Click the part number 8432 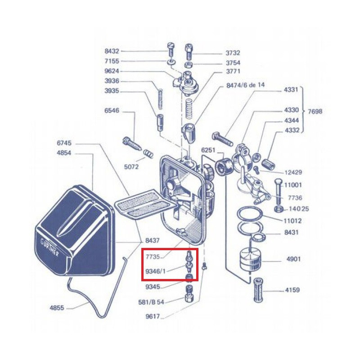tap(112, 51)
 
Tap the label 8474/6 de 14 tap(245, 85)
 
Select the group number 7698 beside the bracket tap(315, 112)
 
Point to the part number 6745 tap(64, 143)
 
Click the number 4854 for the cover tap(64, 153)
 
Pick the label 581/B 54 tap(151, 302)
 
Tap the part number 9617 tap(153, 316)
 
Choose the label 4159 tap(292, 290)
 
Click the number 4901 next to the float tap(294, 259)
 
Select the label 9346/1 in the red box tap(155, 271)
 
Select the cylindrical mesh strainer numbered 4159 tap(258, 290)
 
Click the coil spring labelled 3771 tap(189, 108)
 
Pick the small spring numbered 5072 tap(148, 153)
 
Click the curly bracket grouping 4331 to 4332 tap(303, 110)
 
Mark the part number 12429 tap(293, 172)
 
